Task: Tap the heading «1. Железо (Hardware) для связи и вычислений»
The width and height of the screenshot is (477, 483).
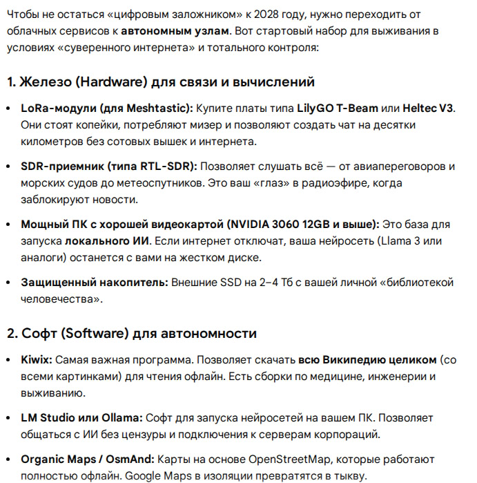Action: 161,82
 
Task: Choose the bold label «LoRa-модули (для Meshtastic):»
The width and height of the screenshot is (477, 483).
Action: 108,108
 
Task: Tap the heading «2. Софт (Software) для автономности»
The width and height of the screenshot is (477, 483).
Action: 132,334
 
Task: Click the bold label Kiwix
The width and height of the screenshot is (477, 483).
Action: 36,360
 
